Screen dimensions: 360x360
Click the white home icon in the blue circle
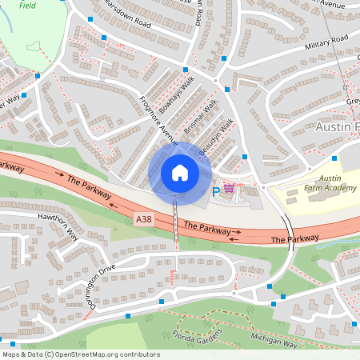(180, 173)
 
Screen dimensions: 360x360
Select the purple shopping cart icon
(230, 190)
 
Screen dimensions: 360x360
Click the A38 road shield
(143, 219)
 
